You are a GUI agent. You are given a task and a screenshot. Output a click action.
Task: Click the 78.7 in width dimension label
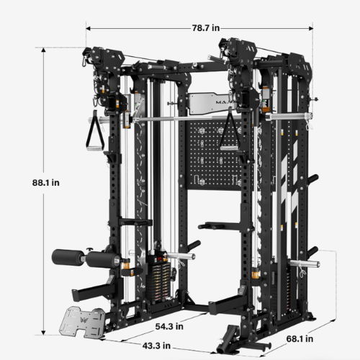(206, 28)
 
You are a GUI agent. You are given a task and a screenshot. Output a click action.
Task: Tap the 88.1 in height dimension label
(46, 183)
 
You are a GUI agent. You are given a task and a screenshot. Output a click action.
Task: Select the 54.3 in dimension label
(169, 326)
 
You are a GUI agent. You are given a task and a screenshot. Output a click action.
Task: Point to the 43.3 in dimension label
(156, 346)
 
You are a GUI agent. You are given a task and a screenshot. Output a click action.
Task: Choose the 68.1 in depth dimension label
(300, 339)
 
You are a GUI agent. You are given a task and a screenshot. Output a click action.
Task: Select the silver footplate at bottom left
(82, 322)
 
